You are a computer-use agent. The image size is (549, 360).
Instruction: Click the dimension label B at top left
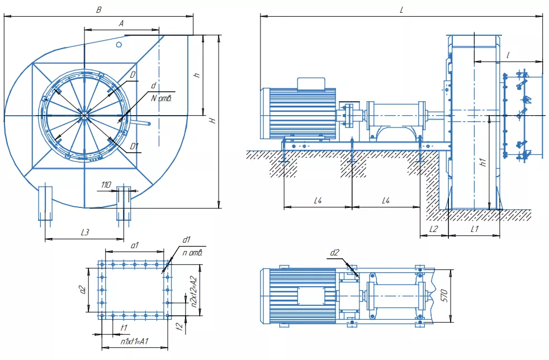(x=99, y=10)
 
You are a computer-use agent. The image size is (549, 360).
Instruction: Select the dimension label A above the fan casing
(x=121, y=23)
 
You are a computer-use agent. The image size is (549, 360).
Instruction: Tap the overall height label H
(x=212, y=121)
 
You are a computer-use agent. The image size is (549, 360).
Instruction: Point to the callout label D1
(x=134, y=146)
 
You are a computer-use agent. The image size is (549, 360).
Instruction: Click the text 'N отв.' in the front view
(x=161, y=98)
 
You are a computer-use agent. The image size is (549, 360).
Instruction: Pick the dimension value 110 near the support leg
(x=106, y=184)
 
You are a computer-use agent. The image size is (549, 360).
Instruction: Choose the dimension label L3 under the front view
(x=85, y=232)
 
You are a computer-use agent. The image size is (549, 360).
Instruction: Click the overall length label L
(x=401, y=10)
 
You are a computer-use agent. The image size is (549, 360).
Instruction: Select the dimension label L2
(x=433, y=229)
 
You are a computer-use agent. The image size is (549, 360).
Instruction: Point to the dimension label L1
(x=474, y=229)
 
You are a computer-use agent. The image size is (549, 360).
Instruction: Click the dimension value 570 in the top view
(x=444, y=296)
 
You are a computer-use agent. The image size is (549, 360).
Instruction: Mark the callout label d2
(x=334, y=253)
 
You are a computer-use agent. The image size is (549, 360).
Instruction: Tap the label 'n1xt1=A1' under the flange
(x=135, y=341)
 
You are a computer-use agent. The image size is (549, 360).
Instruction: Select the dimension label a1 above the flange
(x=135, y=245)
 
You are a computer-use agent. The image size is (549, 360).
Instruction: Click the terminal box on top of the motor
(x=311, y=83)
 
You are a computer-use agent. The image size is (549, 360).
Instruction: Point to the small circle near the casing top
(x=119, y=45)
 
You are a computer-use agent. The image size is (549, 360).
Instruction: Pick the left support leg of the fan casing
(x=45, y=203)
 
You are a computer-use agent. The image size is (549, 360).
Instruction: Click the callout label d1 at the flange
(x=186, y=240)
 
